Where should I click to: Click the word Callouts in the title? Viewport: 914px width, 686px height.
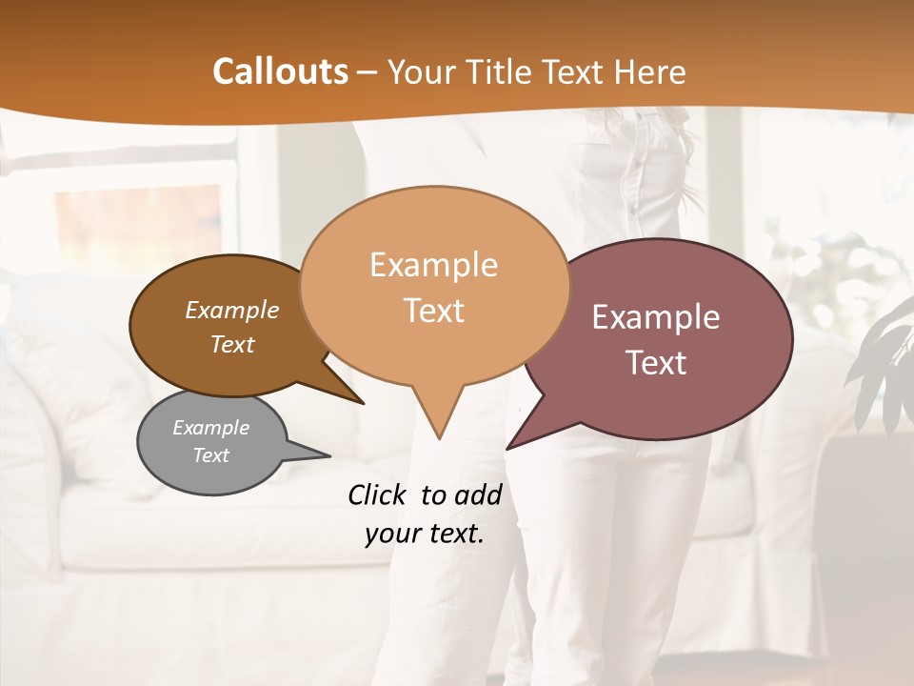click(x=280, y=71)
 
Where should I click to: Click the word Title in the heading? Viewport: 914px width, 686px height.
click(x=501, y=71)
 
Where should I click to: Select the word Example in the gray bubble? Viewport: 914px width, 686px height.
click(x=211, y=428)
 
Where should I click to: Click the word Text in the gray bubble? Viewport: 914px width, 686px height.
click(x=211, y=455)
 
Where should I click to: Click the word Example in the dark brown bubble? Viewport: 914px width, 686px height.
click(x=232, y=311)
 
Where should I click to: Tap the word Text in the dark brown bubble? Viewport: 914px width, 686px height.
click(x=232, y=344)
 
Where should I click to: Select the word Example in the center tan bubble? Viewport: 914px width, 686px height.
click(x=434, y=265)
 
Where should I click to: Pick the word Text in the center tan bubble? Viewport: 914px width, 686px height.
click(x=434, y=311)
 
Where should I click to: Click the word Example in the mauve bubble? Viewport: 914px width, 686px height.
click(x=656, y=317)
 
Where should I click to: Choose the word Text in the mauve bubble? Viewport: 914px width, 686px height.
click(x=656, y=363)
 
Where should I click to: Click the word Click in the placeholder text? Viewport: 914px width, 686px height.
click(x=379, y=494)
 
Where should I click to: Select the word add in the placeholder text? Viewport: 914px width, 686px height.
click(x=479, y=494)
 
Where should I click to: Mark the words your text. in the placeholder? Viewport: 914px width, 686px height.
click(x=425, y=535)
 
